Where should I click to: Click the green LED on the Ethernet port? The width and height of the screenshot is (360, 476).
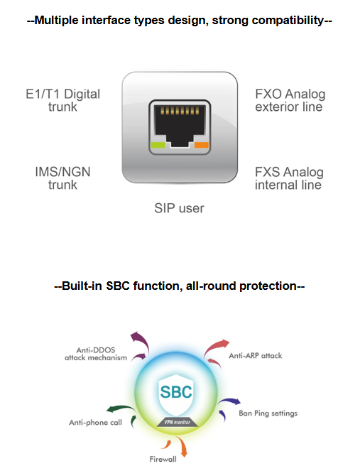pyautogui.click(x=158, y=145)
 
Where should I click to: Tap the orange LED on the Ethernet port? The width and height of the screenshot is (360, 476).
pyautogui.click(x=202, y=145)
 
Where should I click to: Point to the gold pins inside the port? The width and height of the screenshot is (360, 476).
pyautogui.click(x=180, y=111)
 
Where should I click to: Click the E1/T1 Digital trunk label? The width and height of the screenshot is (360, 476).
pyautogui.click(x=62, y=100)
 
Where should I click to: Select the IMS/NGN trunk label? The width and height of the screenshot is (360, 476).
pyautogui.click(x=62, y=178)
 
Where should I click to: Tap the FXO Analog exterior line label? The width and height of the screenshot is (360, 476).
pyautogui.click(x=290, y=100)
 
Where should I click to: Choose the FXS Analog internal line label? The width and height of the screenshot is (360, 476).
pyautogui.click(x=289, y=178)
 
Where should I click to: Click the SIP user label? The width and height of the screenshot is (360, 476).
pyautogui.click(x=179, y=208)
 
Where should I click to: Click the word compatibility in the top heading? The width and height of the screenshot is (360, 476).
pyautogui.click(x=288, y=21)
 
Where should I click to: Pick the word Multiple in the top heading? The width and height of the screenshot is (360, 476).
pyautogui.click(x=56, y=21)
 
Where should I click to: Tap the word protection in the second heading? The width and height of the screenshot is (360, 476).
pyautogui.click(x=268, y=286)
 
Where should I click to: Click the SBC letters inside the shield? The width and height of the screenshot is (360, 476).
pyautogui.click(x=176, y=391)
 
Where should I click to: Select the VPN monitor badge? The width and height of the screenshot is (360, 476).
pyautogui.click(x=178, y=422)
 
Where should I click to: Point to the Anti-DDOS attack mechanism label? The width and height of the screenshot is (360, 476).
pyautogui.click(x=96, y=354)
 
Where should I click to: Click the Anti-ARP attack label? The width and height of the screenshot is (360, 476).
pyautogui.click(x=256, y=356)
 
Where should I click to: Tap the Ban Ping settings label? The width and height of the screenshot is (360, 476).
pyautogui.click(x=268, y=413)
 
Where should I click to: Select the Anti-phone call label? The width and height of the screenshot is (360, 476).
pyautogui.click(x=95, y=422)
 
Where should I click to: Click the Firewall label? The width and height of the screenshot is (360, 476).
pyautogui.click(x=163, y=459)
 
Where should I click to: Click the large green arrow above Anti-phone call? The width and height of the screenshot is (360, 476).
pyautogui.click(x=121, y=409)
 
